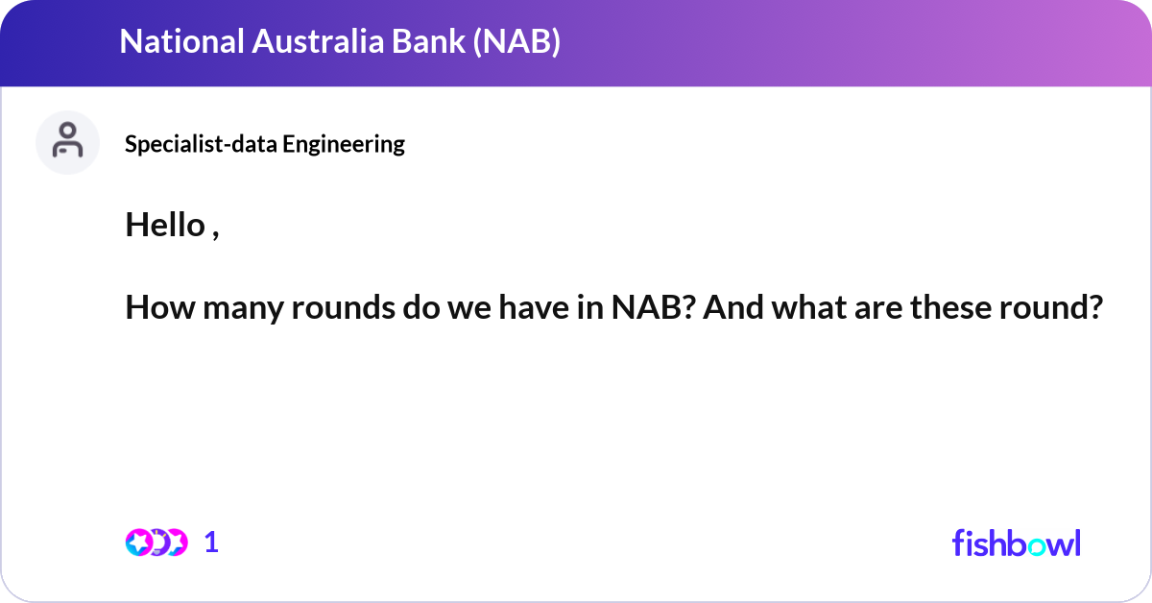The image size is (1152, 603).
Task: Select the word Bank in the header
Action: click(420, 42)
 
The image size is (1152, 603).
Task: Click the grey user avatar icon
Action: click(67, 142)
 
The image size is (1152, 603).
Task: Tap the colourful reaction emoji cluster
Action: click(156, 543)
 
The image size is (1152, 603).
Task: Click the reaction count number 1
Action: click(212, 543)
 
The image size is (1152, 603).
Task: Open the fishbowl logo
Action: click(1016, 543)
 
